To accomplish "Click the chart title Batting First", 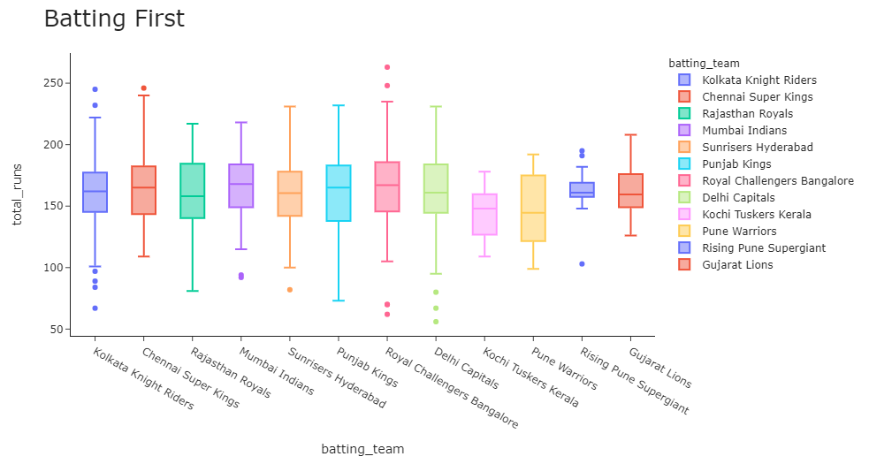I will (x=114, y=19).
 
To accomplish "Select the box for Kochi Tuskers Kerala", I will (x=484, y=214).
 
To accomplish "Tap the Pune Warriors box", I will (x=533, y=209).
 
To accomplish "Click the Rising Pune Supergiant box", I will (x=582, y=189).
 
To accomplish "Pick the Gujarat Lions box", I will (x=630, y=191).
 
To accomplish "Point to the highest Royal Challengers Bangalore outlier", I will (x=387, y=67).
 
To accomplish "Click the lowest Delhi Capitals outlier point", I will (x=436, y=322).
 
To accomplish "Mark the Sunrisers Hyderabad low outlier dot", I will (x=290, y=290).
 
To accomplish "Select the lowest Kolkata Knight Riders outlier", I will (x=95, y=308).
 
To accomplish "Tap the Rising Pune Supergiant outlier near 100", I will (x=582, y=264).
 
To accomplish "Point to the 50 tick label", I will (x=57, y=330).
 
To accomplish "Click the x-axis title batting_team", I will (x=362, y=450).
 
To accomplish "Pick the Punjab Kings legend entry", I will (x=734, y=164).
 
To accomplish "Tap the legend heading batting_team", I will (x=704, y=63).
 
